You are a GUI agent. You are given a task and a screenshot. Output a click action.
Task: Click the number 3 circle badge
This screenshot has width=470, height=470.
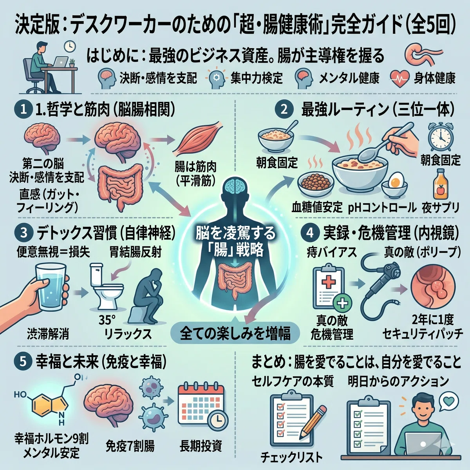23,233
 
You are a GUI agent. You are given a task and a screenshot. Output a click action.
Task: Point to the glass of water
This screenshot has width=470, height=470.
51,288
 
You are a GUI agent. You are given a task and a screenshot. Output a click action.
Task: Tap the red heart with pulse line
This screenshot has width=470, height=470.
399,79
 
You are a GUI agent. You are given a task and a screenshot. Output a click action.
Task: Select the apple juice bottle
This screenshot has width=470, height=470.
440,186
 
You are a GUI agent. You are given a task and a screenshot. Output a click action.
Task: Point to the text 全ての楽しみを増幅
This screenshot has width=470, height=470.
235,333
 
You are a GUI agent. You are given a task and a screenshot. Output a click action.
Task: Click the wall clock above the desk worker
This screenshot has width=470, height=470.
70,46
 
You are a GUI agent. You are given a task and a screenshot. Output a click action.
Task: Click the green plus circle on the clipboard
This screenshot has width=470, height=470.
343,304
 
